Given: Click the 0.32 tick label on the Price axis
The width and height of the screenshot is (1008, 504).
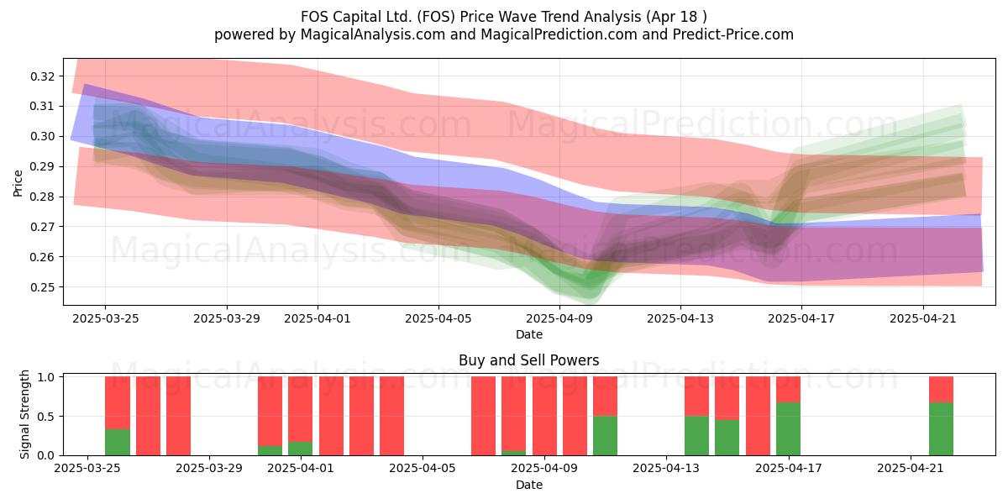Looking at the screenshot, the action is coord(42,76).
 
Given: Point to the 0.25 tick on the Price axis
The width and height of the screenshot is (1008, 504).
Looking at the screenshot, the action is coord(42,287).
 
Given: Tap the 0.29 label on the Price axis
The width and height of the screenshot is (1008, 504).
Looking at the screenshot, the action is coord(42,167).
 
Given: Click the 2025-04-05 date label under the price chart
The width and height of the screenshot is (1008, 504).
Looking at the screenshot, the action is coord(438,318).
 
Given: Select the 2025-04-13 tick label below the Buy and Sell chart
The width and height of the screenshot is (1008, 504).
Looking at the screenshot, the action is coord(666,469).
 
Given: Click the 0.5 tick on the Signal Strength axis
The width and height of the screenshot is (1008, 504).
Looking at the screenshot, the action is coord(46,417).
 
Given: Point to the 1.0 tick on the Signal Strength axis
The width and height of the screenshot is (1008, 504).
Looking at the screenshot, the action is coord(46,377).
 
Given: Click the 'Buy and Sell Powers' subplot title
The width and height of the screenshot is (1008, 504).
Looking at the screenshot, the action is coord(528,360).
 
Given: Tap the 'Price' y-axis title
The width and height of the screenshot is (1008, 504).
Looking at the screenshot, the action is coord(18,183).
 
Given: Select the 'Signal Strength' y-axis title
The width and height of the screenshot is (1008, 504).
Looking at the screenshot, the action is coord(24,414).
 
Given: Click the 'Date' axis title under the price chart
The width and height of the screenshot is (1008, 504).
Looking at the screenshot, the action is coord(529,334).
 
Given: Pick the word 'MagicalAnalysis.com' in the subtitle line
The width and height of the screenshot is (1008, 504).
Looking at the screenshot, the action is coord(373,34).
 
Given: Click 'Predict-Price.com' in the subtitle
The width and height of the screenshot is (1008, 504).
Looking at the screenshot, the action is coord(733,34).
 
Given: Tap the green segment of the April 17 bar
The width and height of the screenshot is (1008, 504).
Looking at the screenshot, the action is coord(788,429).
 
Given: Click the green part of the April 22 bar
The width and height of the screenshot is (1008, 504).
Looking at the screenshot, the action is coord(941,429).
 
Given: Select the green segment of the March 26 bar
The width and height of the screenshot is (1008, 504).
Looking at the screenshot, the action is coord(118,443).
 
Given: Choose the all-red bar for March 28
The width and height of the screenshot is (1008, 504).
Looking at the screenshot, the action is coord(178,416).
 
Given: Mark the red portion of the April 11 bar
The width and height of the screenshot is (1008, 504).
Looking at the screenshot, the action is coord(605,396).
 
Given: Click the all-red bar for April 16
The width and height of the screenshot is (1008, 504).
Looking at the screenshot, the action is coord(758,416).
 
